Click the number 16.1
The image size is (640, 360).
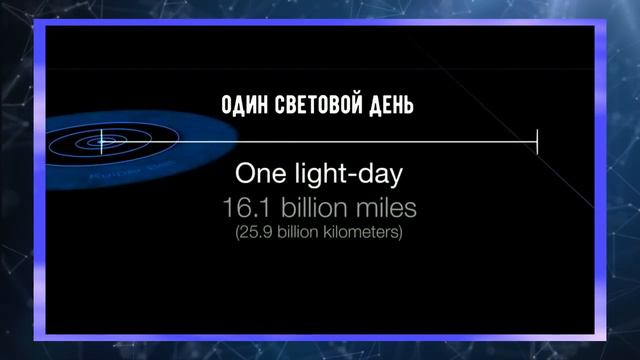[248, 208]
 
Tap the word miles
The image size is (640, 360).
[381, 208]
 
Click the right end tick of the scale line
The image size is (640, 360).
[537, 142]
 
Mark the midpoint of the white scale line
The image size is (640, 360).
[319, 142]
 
